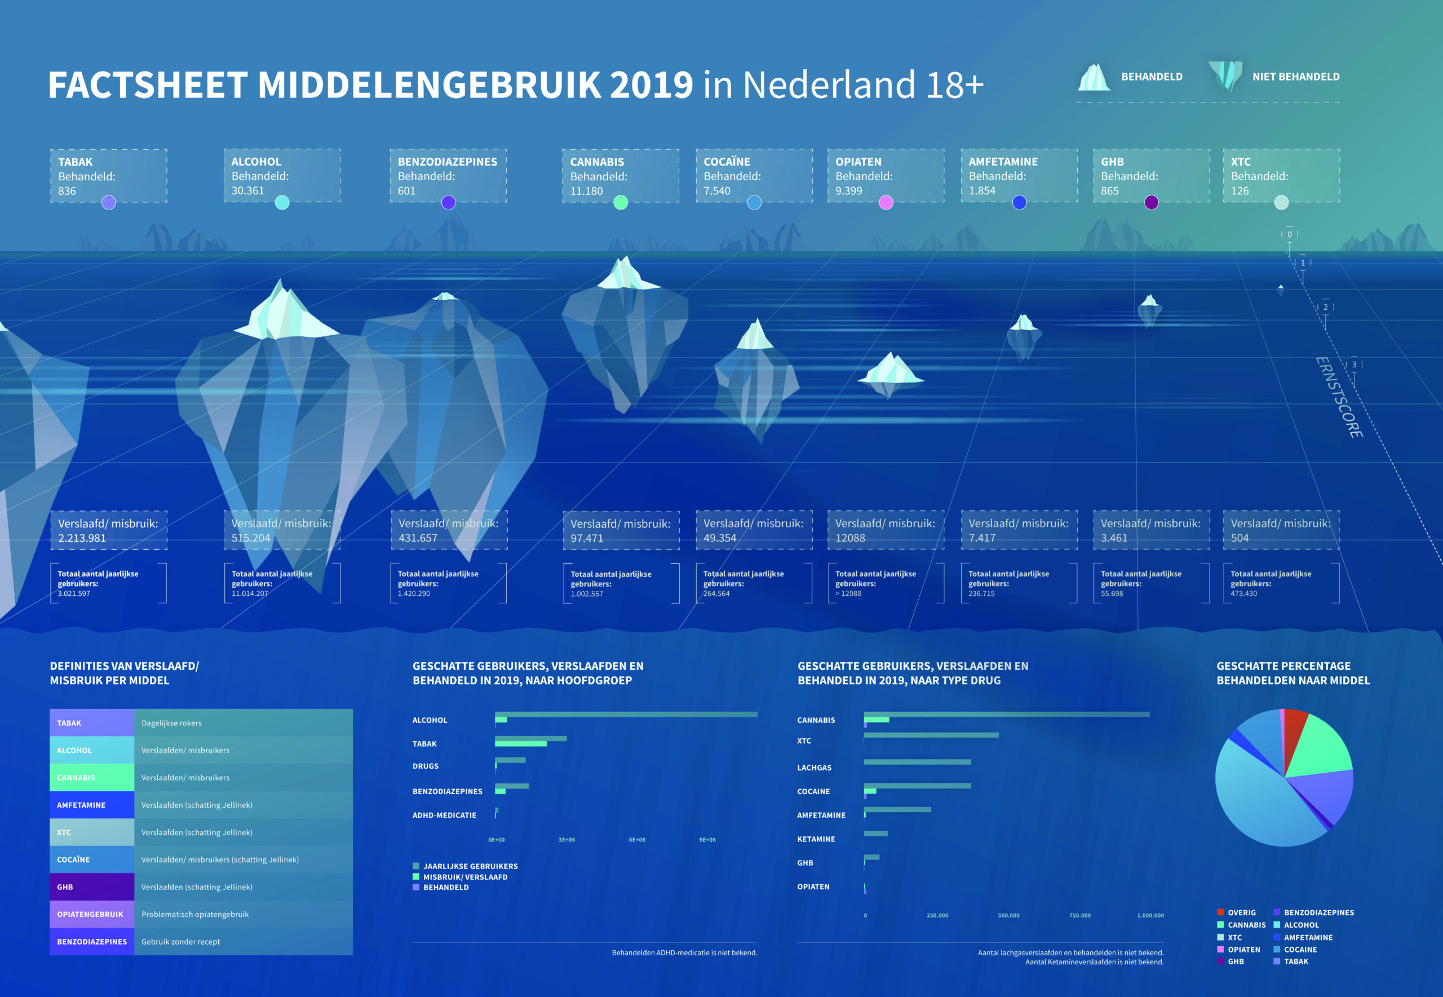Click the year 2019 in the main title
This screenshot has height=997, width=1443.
click(x=651, y=85)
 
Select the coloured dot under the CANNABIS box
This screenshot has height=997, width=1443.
click(x=621, y=202)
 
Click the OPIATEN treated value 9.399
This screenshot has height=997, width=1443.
click(x=848, y=191)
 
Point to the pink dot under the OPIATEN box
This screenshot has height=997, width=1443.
click(x=886, y=202)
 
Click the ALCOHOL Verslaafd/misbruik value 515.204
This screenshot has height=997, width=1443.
click(x=251, y=538)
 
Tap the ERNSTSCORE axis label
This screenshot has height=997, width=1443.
click(x=1339, y=397)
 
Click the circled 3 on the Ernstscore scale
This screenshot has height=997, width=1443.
click(x=1353, y=365)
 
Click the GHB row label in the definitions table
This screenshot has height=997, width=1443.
click(x=65, y=887)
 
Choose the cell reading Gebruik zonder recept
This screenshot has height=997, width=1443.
click(x=180, y=941)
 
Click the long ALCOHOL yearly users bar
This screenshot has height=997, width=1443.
click(x=625, y=714)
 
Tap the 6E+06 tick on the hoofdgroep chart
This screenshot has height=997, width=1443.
click(x=637, y=840)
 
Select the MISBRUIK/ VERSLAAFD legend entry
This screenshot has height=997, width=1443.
click(x=465, y=877)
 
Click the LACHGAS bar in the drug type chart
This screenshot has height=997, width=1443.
click(x=917, y=762)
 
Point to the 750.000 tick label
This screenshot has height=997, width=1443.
click(x=1079, y=915)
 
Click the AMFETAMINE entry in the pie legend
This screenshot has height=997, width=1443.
click(x=1307, y=937)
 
